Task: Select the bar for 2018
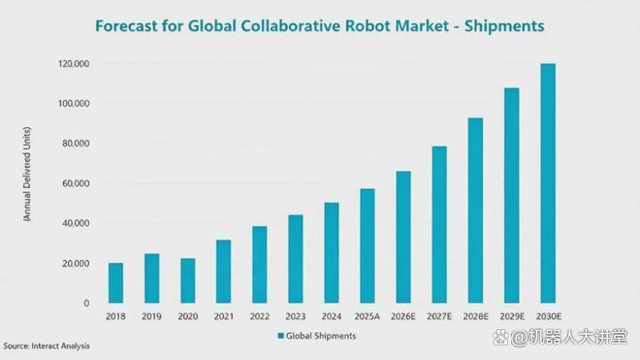click(x=116, y=282)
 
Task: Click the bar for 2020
click(x=188, y=280)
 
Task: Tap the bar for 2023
click(x=296, y=259)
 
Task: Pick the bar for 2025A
click(x=368, y=246)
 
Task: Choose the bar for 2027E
click(x=439, y=225)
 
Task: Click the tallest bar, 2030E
click(x=548, y=183)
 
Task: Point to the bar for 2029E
click(x=512, y=195)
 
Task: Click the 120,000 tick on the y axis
click(x=74, y=64)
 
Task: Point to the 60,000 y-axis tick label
click(x=76, y=183)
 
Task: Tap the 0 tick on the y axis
click(x=86, y=303)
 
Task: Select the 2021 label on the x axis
click(x=224, y=316)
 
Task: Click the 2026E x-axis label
click(x=402, y=316)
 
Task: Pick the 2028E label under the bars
click(x=475, y=316)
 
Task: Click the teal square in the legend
click(x=281, y=336)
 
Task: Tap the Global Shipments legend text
click(x=321, y=336)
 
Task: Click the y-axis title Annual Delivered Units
click(x=27, y=174)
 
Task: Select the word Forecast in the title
click(x=125, y=26)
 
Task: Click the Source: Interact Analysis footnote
click(x=47, y=345)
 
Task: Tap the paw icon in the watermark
click(x=500, y=338)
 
